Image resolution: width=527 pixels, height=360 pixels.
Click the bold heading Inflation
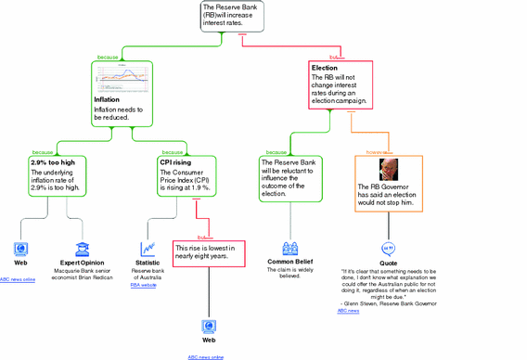pyautogui.click(x=107, y=99)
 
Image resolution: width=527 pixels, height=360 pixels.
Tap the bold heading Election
pyautogui.click(x=325, y=68)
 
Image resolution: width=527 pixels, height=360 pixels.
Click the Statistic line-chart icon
pyautogui.click(x=148, y=249)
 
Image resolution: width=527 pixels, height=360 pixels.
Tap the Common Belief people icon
pyautogui.click(x=290, y=249)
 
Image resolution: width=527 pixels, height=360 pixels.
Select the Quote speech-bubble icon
pyautogui.click(x=389, y=249)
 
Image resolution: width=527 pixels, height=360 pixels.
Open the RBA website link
pyautogui.click(x=143, y=285)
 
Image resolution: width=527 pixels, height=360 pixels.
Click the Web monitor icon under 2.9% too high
pyautogui.click(x=20, y=249)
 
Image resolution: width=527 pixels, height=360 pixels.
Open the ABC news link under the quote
pyautogui.click(x=348, y=311)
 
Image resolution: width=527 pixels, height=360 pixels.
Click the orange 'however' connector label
pyautogui.click(x=376, y=150)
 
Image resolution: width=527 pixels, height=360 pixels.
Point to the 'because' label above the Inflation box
pyautogui.click(x=108, y=58)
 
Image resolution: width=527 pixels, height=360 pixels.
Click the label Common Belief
pyautogui.click(x=290, y=263)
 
